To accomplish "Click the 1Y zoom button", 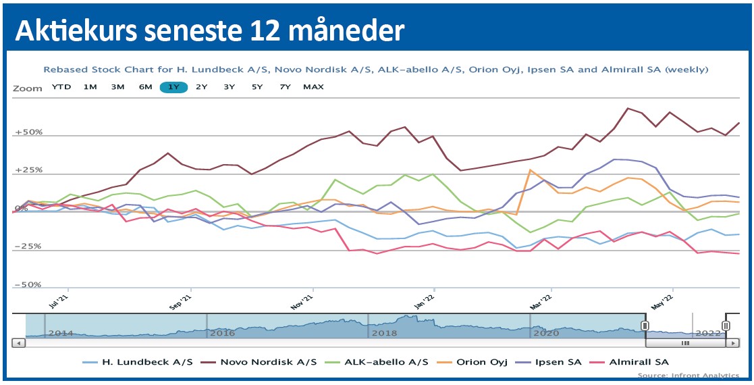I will pyautogui.click(x=173, y=87).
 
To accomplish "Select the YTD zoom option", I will pyautogui.click(x=61, y=87).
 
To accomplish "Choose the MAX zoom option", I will pyautogui.click(x=313, y=87).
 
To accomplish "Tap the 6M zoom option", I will pyautogui.click(x=145, y=87).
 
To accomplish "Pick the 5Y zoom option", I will pyautogui.click(x=257, y=87).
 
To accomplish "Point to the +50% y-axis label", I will pyautogui.click(x=28, y=132).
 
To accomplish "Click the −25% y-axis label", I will pyautogui.click(x=28, y=247).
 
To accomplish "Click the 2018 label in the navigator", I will pyautogui.click(x=385, y=333).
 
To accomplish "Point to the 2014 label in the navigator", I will pyautogui.click(x=61, y=333).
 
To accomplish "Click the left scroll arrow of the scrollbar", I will pyautogui.click(x=19, y=343).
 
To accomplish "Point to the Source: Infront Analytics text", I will pyautogui.click(x=688, y=375).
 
